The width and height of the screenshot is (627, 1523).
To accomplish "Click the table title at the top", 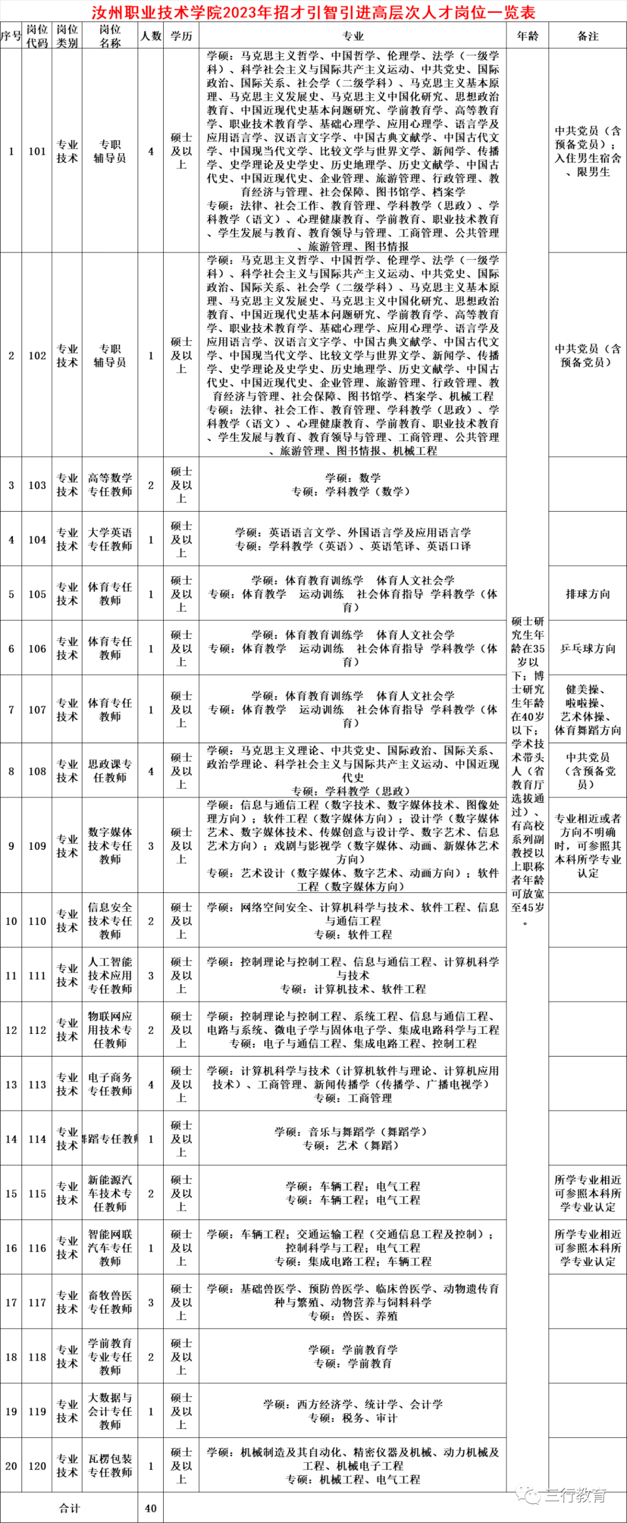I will coord(313,12).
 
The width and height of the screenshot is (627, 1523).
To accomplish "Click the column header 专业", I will coord(352,36).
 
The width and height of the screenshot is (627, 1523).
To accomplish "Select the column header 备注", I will coord(588,36).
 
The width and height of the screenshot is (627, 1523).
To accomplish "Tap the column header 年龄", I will coord(528,36).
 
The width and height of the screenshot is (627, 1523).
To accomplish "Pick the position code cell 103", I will coord(37,485).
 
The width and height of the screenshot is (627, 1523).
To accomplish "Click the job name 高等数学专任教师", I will coord(110,485).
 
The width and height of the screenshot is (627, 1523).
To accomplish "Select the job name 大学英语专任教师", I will coord(110,539).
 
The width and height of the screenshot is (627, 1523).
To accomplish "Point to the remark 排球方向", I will coord(588,594).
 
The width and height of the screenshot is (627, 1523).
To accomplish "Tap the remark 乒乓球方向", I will coord(588,649).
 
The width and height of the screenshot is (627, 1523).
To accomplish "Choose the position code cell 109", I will coord(37,846).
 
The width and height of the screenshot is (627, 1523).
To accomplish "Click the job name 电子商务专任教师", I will coord(110,1084).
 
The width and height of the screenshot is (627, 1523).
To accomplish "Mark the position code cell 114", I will coord(37,1139).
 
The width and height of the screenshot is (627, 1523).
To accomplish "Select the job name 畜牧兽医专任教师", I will coord(110,1302).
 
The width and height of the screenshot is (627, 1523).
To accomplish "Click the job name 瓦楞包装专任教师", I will coord(110,1466).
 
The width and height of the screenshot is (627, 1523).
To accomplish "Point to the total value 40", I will coord(151,1508).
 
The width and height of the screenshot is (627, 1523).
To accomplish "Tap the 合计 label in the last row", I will coord(69,1508).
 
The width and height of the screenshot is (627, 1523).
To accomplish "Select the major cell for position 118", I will coord(352,1357).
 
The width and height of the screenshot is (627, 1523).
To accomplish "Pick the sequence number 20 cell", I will coord(10,1466).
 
